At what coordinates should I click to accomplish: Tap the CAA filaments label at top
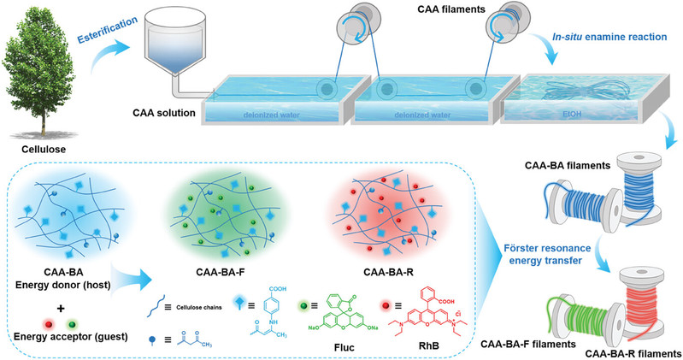tap(436, 11)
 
